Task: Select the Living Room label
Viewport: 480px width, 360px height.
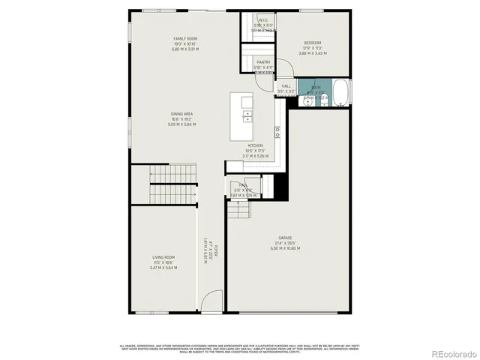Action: pos(164,257)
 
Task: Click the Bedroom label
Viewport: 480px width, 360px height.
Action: pos(313,43)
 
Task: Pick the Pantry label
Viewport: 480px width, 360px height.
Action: pos(262,62)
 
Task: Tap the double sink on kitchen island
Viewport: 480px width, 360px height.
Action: pos(247,115)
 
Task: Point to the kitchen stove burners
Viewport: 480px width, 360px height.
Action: pos(277,132)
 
